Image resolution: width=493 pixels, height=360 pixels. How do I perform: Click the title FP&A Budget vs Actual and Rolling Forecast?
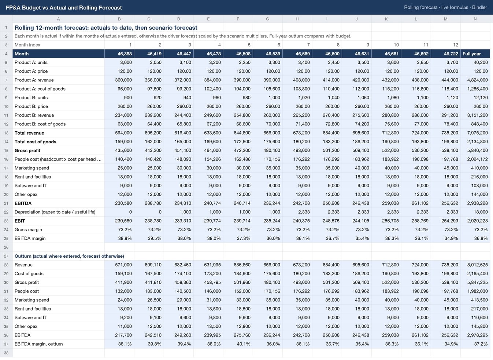pos(64,7)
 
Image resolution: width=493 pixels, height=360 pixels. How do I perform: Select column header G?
pos(267,19)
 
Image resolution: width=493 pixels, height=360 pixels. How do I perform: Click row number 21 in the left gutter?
pos(6,203)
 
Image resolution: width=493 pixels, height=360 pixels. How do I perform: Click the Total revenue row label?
pos(29,133)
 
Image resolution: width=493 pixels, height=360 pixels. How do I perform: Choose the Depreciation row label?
pos(55,212)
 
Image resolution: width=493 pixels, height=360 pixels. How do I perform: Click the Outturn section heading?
pos(69,256)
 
